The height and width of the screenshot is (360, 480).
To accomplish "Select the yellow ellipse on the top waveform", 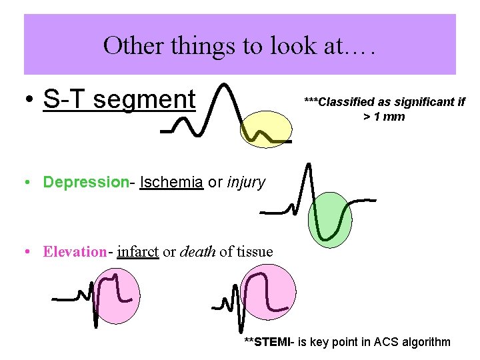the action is (266, 129).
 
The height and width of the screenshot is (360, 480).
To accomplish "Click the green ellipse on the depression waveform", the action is (331, 219).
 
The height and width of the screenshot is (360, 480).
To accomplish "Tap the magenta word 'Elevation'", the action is (75, 252).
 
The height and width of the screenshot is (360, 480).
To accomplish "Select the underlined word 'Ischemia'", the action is (171, 182).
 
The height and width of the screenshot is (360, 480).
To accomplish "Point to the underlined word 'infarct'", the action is (137, 252).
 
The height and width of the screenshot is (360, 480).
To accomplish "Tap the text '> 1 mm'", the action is (384, 117).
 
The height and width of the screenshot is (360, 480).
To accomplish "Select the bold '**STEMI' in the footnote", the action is (267, 343).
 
